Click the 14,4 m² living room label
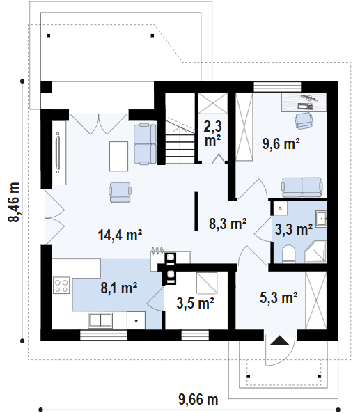(x=120, y=235)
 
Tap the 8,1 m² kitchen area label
(x=119, y=288)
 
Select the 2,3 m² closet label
(x=213, y=133)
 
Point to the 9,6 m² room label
(x=281, y=143)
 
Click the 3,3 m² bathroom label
(x=294, y=229)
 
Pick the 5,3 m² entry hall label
(x=279, y=297)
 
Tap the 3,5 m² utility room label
(x=195, y=303)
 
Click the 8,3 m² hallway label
(x=228, y=224)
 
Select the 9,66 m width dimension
(x=198, y=400)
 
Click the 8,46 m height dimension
(x=14, y=202)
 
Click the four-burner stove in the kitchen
(x=61, y=285)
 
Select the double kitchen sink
(x=100, y=320)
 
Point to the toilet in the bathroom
(x=289, y=254)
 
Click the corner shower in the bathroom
(x=315, y=252)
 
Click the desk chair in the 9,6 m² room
(x=304, y=121)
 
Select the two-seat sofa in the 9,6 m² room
(x=302, y=187)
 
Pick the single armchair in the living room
(x=120, y=192)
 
